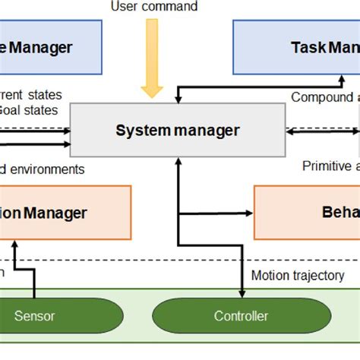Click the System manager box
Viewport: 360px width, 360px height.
pos(177,131)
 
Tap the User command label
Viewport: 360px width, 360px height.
pos(154,7)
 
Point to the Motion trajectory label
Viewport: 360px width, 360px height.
pos(298,276)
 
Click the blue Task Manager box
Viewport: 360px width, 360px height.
pos(296,47)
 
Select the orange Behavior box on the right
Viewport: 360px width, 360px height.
pos(307,213)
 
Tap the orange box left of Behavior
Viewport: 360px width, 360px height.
pos(65,213)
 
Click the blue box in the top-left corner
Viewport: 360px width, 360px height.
pos(50,47)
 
